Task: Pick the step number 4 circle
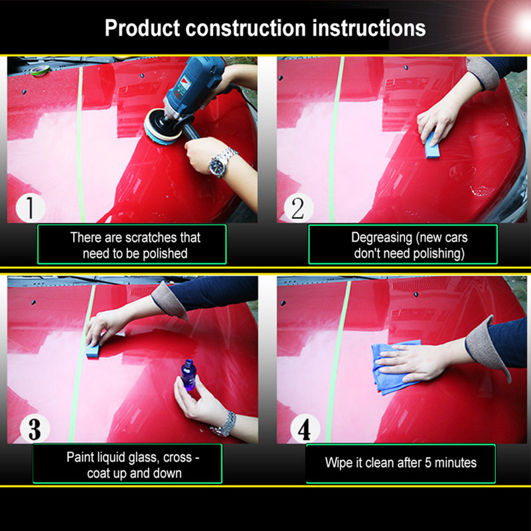pyautogui.click(x=303, y=429)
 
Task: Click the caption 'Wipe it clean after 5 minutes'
pyautogui.click(x=400, y=463)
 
